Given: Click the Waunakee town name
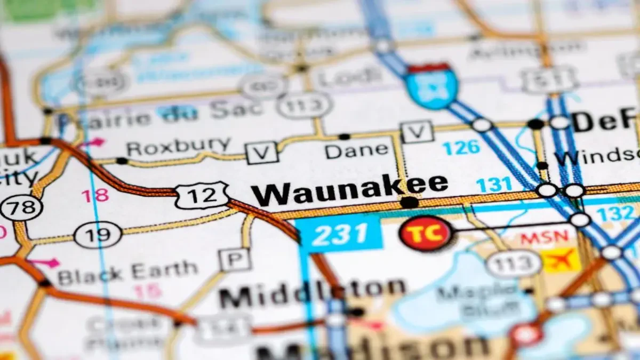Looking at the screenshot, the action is click(349, 190).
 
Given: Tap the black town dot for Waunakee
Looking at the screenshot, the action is click(409, 203).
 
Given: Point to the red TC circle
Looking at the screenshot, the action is click(425, 234).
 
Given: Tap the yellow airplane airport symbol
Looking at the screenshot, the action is click(561, 260).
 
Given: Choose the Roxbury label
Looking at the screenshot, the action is click(179, 146).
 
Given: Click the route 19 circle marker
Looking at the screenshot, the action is click(98, 235).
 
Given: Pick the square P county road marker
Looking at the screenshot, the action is click(235, 260).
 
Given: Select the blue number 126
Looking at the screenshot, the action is click(461, 148).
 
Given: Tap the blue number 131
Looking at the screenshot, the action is click(494, 185).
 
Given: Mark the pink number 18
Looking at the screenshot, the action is click(95, 196).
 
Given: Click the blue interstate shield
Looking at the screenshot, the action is click(431, 86).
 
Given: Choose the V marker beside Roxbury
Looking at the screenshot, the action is click(261, 153).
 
